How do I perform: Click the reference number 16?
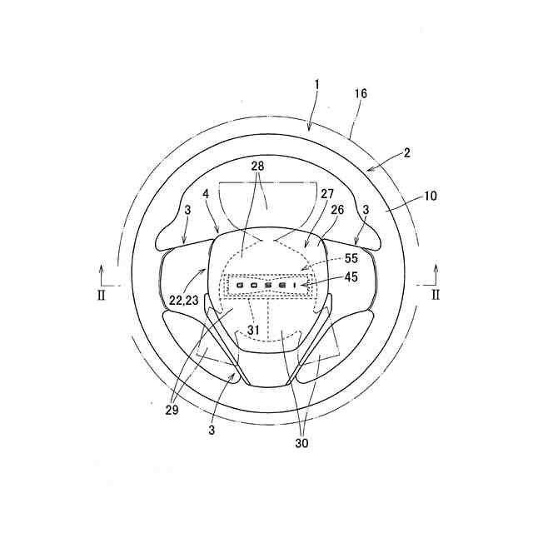pyautogui.click(x=361, y=93)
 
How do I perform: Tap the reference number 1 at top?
pyautogui.click(x=316, y=85)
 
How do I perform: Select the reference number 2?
pyautogui.click(x=407, y=153)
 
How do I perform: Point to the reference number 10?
pyautogui.click(x=431, y=196)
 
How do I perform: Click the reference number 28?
pyautogui.click(x=257, y=167)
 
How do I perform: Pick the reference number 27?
pyautogui.click(x=327, y=194)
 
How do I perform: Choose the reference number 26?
pyautogui.click(x=337, y=210)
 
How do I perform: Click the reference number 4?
pyautogui.click(x=206, y=194)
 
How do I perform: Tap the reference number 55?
pyautogui.click(x=351, y=258)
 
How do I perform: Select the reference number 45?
pyautogui.click(x=351, y=277)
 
